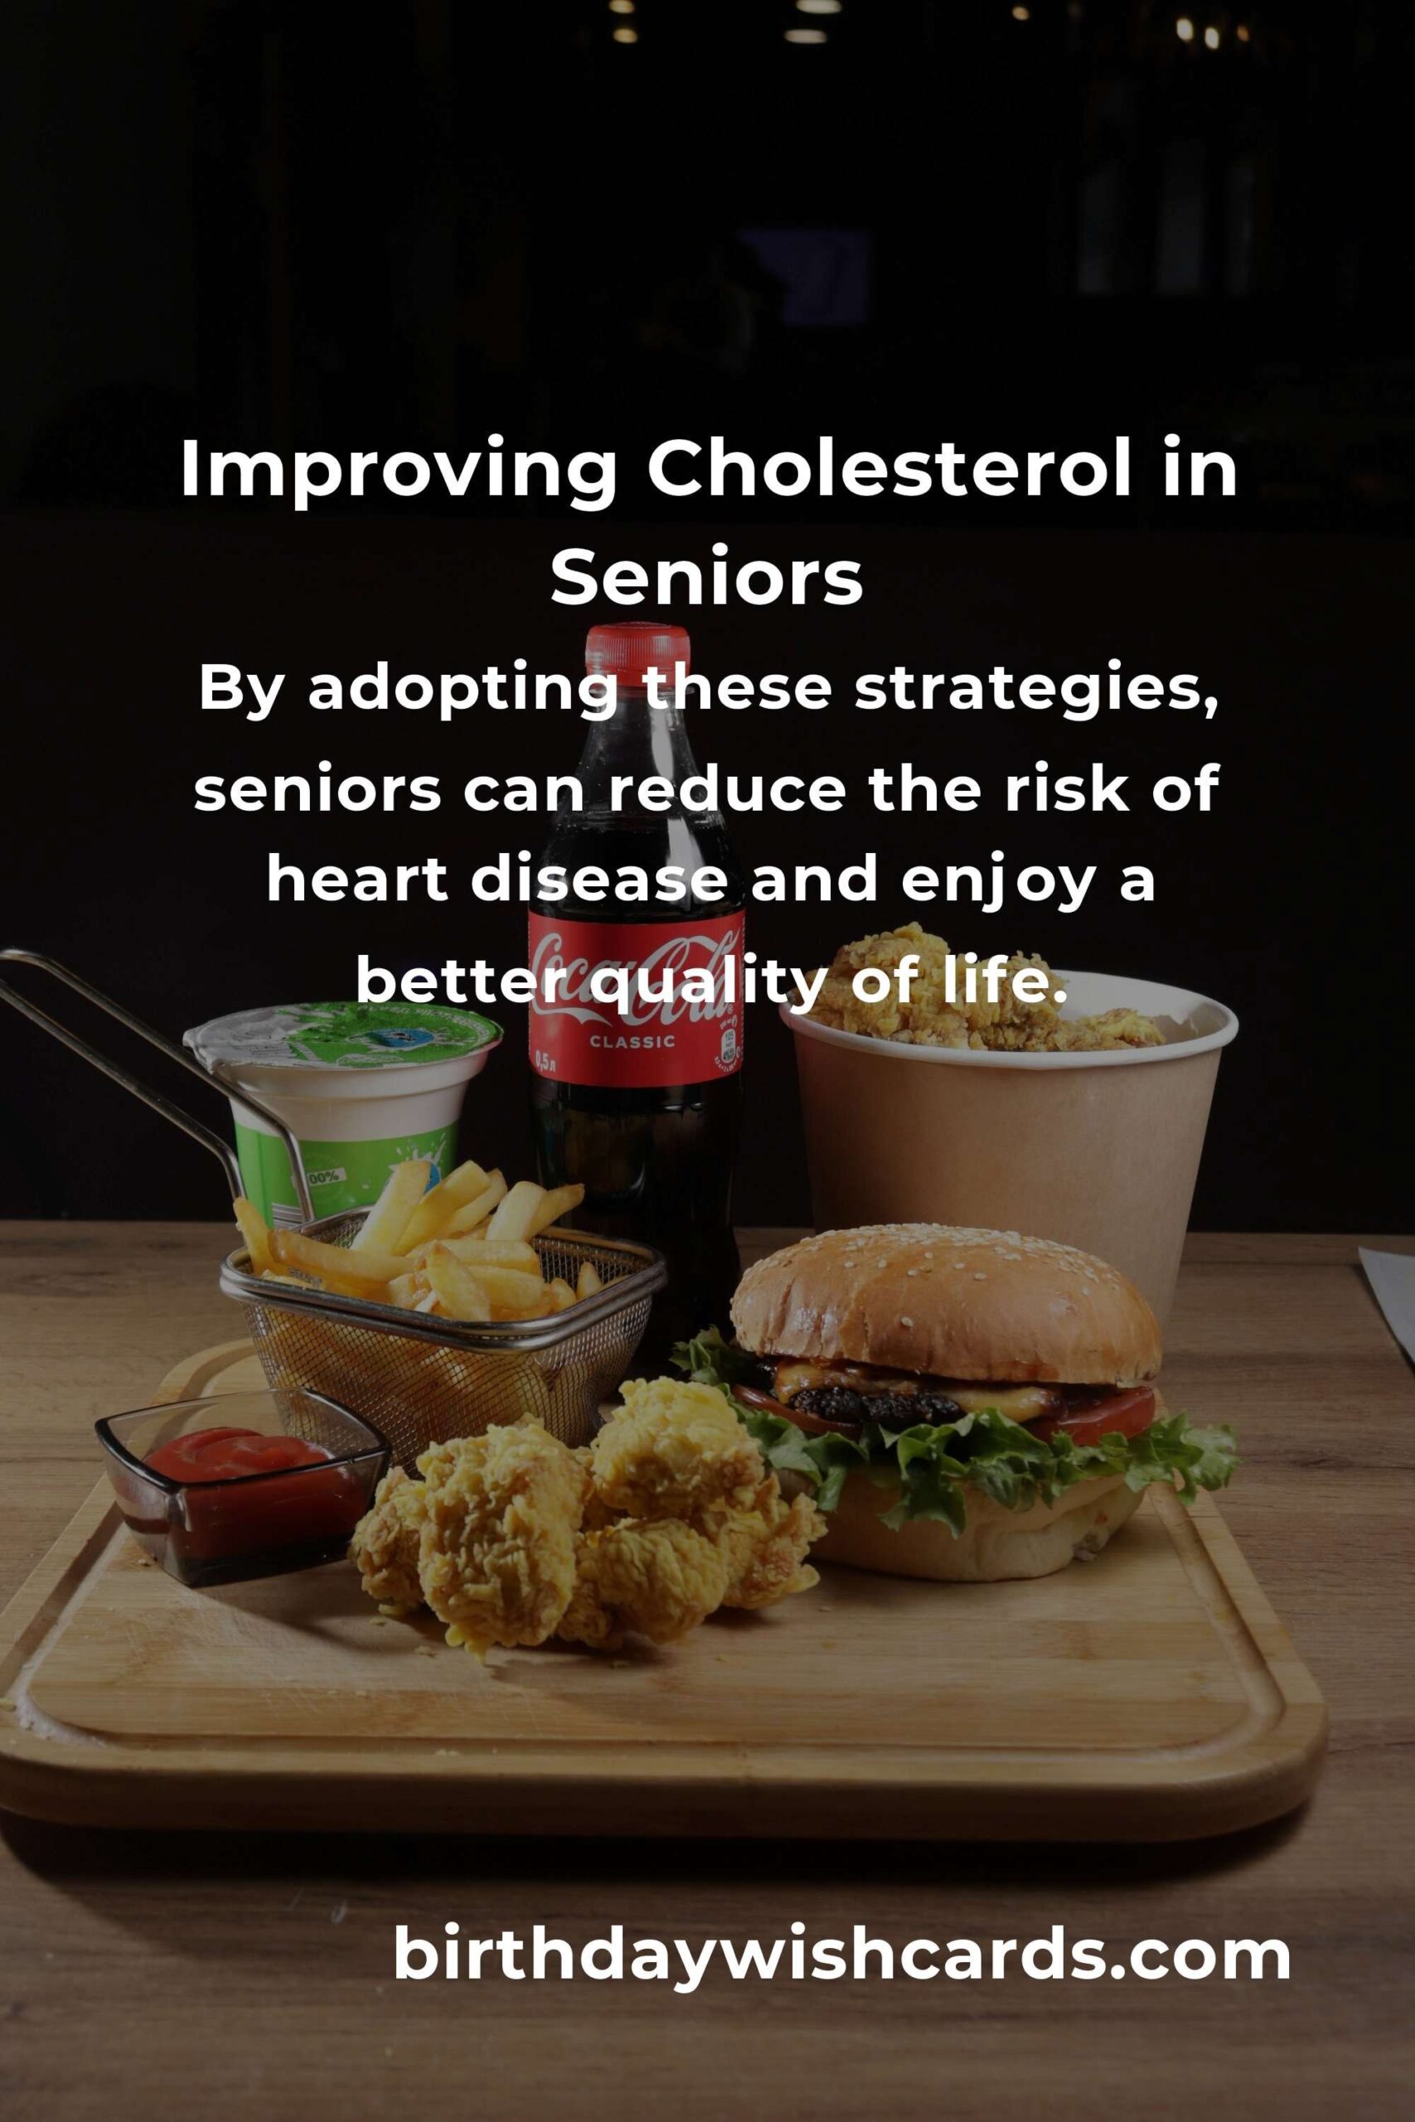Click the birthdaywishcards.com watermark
[x=841, y=1955]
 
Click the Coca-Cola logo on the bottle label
[x=636, y=977]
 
